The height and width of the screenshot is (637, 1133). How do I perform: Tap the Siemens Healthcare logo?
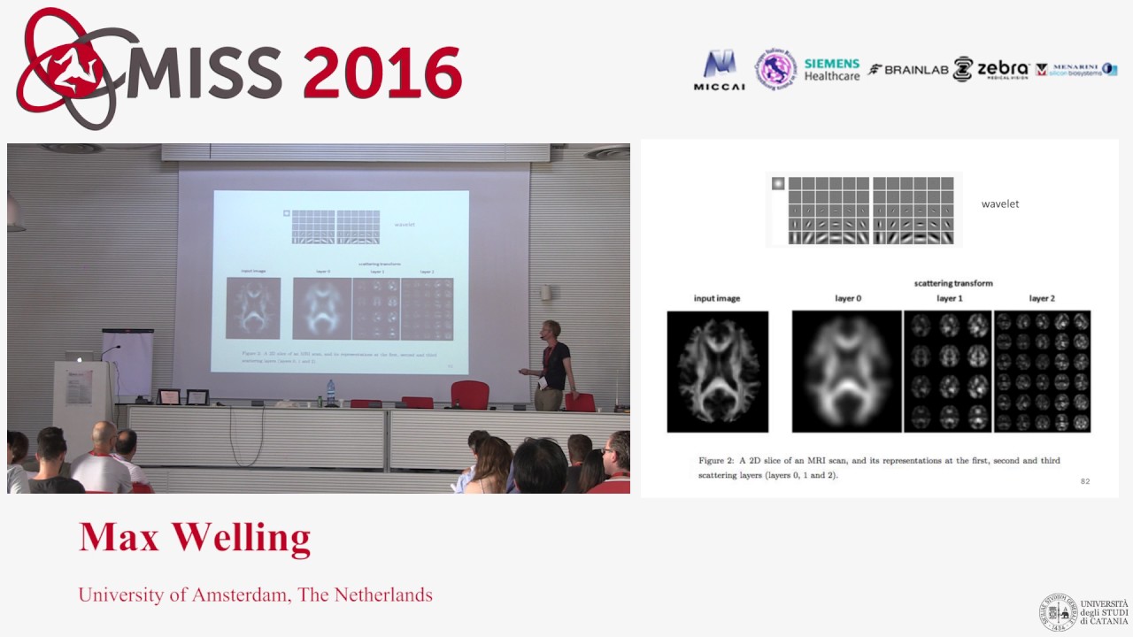point(831,70)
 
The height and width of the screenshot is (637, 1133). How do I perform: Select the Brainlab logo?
point(908,70)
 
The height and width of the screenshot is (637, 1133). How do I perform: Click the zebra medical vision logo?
point(991,69)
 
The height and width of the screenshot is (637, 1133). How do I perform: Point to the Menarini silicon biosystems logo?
point(1075,69)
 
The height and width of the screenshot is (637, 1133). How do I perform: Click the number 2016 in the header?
point(382,73)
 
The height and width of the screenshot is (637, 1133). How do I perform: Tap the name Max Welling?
point(195,537)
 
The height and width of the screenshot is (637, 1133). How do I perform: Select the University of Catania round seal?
point(1057,612)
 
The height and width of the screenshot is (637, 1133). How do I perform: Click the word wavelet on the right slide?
point(999,204)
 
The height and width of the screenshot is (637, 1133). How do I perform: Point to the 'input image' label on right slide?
point(716,299)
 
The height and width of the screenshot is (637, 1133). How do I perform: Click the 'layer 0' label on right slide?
point(847,299)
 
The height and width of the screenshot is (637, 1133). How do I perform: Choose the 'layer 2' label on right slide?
point(1041,299)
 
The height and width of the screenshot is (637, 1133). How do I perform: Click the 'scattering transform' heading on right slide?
point(952,283)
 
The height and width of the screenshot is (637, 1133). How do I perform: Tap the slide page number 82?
point(1085,481)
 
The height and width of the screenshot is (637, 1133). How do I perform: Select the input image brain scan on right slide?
point(717,372)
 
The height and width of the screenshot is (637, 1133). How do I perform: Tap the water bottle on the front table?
point(331,393)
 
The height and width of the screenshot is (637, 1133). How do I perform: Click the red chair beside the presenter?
point(469,395)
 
